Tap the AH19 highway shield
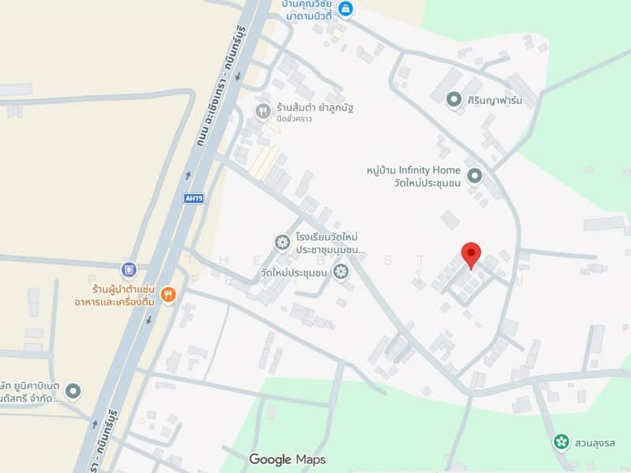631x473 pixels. coord(194,199)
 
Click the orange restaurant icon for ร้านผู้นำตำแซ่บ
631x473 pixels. coord(168,296)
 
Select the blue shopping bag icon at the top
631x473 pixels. coord(345,9)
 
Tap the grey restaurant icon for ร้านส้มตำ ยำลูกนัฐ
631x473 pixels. coord(263,111)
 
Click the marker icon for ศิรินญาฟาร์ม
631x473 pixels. coord(454,99)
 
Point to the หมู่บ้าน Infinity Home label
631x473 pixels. coord(413,169)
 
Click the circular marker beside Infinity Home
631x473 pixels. coord(474,176)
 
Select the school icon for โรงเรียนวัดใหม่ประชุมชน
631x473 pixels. coord(282,243)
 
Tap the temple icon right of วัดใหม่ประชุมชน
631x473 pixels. coord(341,273)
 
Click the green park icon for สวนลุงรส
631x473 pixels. coord(561,441)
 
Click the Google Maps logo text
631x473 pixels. coord(287,459)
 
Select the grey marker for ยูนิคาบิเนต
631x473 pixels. coord(73,390)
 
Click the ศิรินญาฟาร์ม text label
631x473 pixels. coord(495,99)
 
